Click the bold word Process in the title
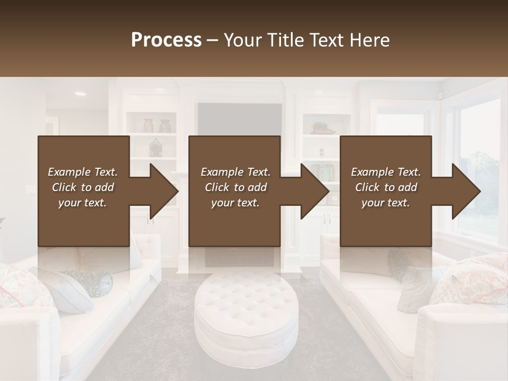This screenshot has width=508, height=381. (166, 40)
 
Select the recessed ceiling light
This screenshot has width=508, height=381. (80, 94)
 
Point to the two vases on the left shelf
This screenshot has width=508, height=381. (158, 125)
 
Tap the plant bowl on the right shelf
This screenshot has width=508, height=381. (322, 128)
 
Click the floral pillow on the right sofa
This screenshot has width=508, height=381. (471, 280)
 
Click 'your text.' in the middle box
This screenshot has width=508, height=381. (234, 203)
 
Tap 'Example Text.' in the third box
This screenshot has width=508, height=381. (386, 172)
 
